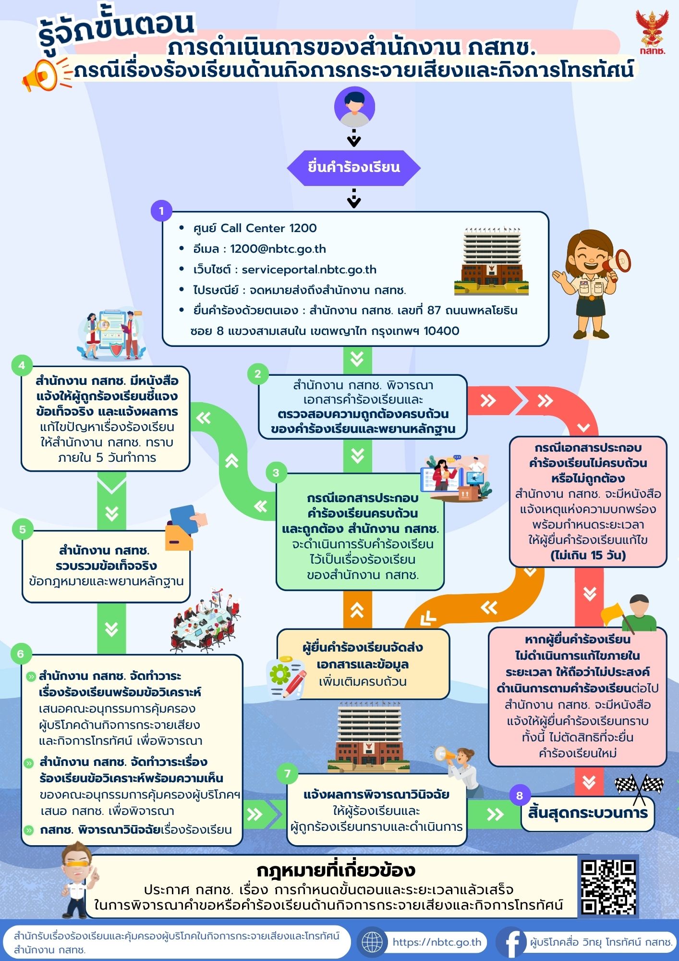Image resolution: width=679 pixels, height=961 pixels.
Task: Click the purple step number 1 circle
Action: click(161, 210)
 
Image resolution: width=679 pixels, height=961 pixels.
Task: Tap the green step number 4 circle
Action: click(22, 366)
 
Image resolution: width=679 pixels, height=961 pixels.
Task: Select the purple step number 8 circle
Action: click(520, 796)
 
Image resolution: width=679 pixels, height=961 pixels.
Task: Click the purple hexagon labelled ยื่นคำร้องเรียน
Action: click(354, 168)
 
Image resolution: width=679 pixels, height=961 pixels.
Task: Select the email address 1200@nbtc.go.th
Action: click(278, 249)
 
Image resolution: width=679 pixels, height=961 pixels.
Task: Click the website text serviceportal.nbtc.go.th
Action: click(309, 270)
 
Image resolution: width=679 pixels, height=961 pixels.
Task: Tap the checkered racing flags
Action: click(640, 788)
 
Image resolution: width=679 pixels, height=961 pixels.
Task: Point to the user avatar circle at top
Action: click(354, 107)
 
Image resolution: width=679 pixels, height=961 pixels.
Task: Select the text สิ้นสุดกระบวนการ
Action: click(588, 813)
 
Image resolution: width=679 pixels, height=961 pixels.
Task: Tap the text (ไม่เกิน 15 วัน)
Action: click(588, 555)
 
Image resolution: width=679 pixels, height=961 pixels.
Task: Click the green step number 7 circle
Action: click(288, 774)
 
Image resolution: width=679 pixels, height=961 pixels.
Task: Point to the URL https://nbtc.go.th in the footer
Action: click(436, 942)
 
